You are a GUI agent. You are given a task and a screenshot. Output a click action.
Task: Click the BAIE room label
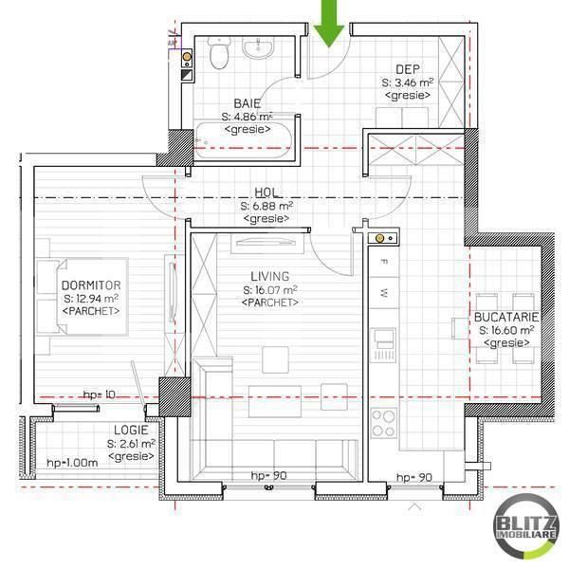coord(248,103)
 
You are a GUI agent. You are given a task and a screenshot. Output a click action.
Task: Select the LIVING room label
coord(270,275)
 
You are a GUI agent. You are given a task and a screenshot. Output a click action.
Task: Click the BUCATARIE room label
coord(508,316)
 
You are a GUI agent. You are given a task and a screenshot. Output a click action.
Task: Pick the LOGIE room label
coord(130,430)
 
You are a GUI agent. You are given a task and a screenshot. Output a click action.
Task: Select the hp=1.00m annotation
coord(73,462)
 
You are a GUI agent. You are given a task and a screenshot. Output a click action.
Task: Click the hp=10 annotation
coord(99,394)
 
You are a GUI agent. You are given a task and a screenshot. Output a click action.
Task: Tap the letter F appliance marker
coord(384,261)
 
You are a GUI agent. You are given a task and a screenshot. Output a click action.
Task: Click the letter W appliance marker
coord(384,291)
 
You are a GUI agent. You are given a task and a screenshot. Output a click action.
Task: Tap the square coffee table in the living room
coord(276,358)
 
